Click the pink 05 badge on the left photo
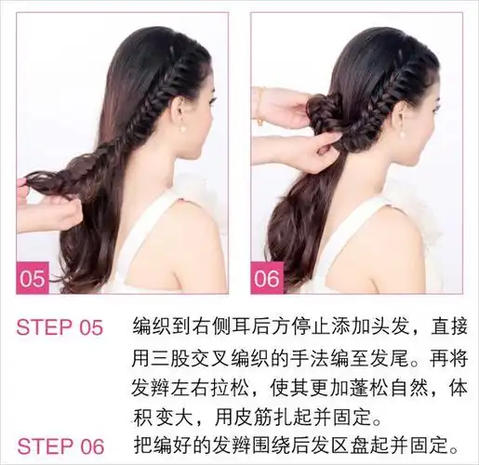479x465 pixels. coord(33,278)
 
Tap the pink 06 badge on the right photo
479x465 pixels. coord(267,278)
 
